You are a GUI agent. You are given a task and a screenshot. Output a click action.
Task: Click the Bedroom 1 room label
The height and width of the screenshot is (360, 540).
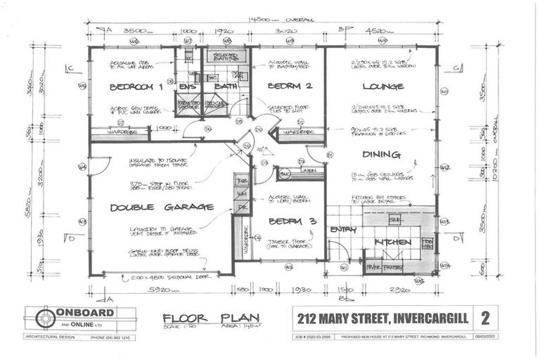pyautogui.click(x=136, y=87)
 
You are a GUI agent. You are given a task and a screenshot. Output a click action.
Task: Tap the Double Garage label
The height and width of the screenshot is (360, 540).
pyautogui.click(x=162, y=207)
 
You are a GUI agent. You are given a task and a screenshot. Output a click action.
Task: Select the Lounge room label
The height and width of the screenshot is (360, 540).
pyautogui.click(x=383, y=86)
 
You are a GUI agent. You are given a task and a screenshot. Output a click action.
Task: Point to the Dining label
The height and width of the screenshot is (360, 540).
pyautogui.click(x=382, y=154)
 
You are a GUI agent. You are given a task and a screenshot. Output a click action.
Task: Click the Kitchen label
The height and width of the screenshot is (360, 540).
pyautogui.click(x=393, y=243)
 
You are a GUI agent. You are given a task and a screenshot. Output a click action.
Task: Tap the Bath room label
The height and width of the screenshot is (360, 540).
pyautogui.click(x=226, y=86)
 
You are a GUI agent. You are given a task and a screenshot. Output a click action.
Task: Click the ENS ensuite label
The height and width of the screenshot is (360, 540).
pyautogui.click(x=186, y=86)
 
